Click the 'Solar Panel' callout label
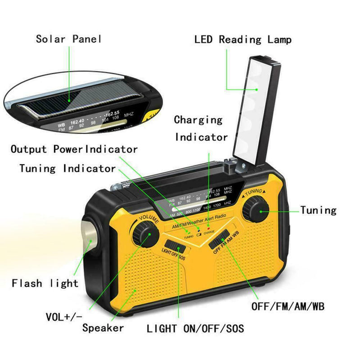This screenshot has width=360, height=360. coord(69,39)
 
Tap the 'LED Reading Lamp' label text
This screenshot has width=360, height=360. coord(243,40)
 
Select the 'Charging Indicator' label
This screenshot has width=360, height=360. coord(201,128)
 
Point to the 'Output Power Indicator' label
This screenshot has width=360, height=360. coord(74,149)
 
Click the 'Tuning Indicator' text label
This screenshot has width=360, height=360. coord(67,169)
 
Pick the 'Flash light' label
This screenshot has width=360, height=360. coord(45,283)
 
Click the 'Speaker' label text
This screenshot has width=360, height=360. coord(103,328)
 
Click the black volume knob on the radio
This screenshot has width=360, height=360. coord(146,234)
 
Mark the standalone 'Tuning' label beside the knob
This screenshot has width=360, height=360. coord(318,210)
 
